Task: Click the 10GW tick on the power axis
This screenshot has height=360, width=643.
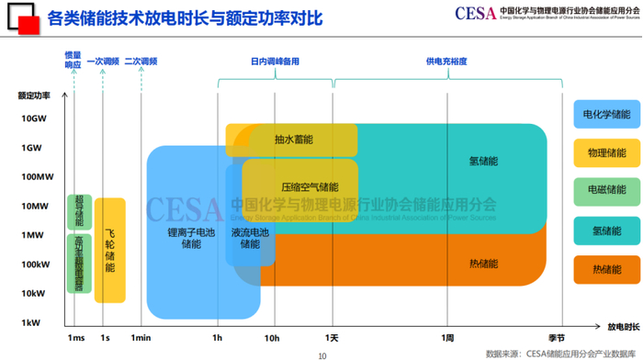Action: [x=33, y=118]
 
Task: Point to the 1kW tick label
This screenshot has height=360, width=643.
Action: [x=33, y=322]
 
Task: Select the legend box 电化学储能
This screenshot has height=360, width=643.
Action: [x=607, y=115]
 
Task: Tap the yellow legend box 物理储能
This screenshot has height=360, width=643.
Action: [x=607, y=152]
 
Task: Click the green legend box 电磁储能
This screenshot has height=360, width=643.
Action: [x=607, y=190]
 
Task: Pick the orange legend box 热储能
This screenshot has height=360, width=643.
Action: [x=607, y=269]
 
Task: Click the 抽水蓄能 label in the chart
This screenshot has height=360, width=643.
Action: [x=293, y=140]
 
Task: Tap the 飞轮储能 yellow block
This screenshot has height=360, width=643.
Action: [x=110, y=249]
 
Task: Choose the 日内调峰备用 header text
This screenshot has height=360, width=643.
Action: [x=275, y=62]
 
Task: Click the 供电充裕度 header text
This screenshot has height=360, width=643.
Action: [x=446, y=62]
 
